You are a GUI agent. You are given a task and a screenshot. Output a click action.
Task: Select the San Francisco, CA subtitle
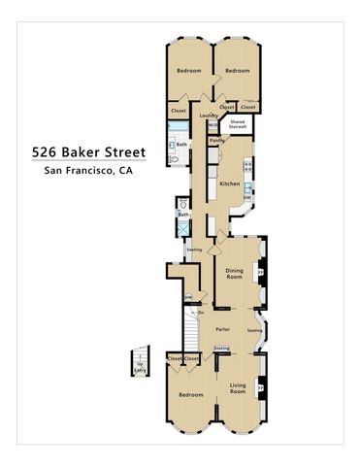point(87,170)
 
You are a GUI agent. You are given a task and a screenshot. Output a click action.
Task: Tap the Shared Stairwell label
point(238,124)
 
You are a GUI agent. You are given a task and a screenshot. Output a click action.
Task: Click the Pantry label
point(218,140)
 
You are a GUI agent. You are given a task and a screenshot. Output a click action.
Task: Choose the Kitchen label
point(229,183)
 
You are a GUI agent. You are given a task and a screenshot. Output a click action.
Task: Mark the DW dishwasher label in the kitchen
point(247,198)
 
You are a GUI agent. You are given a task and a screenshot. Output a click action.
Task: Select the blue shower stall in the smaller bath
point(182,228)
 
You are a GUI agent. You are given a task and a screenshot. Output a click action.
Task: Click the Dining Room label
point(234,273)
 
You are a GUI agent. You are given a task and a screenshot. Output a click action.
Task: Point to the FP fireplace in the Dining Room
point(262,274)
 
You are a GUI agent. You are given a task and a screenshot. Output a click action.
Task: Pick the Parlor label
point(222,329)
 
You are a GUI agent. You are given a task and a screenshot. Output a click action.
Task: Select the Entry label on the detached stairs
point(141,369)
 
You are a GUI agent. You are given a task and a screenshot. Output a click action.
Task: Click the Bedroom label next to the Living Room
point(190,395)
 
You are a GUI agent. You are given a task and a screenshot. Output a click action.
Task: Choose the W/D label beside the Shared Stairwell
point(213,124)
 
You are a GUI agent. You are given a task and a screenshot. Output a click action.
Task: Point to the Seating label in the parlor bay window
point(254,331)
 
